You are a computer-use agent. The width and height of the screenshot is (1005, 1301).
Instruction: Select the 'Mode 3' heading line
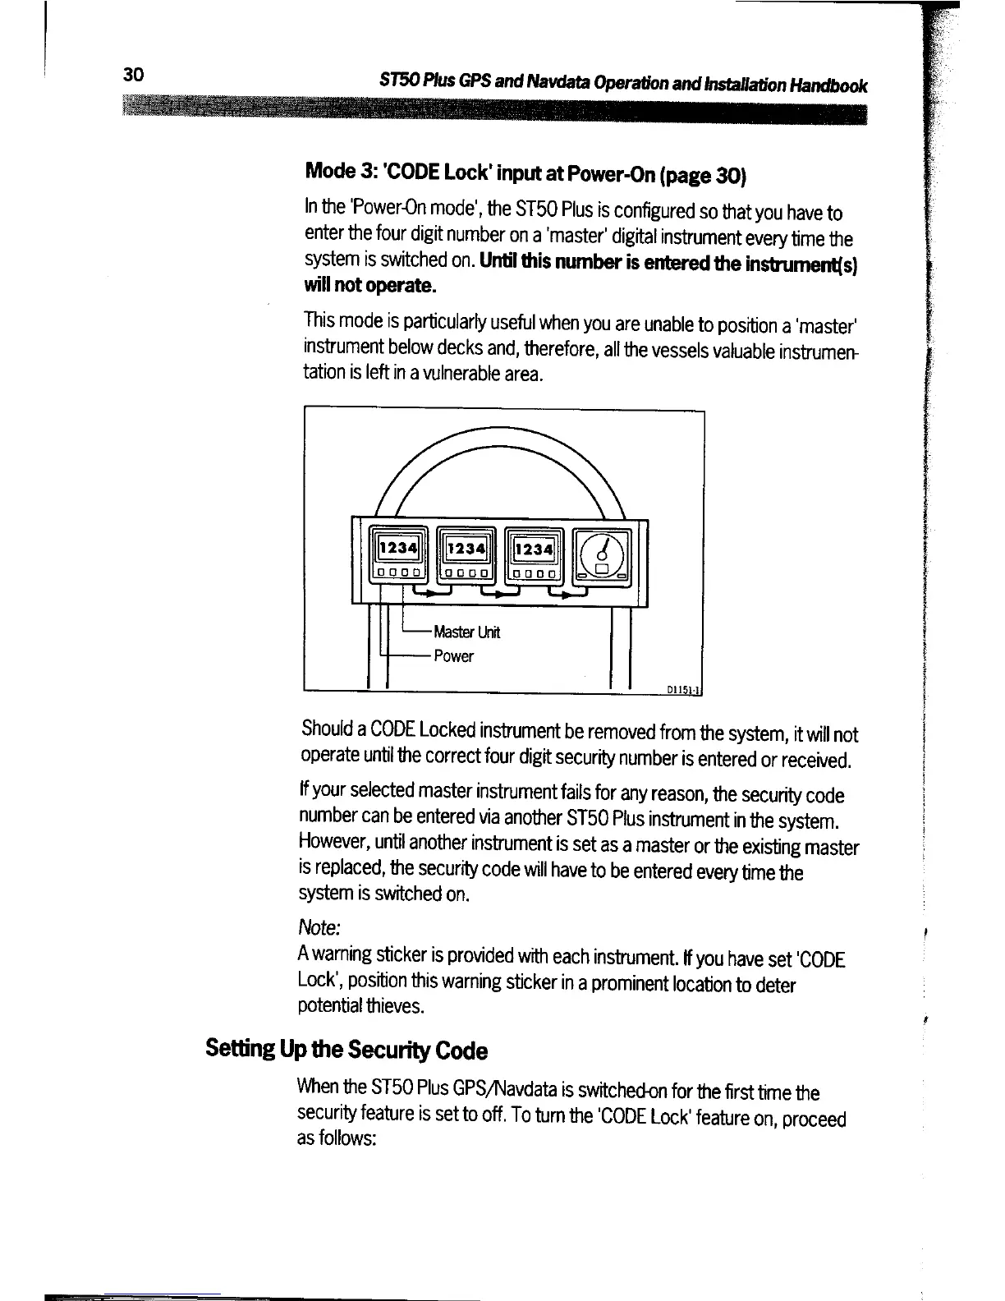(x=525, y=175)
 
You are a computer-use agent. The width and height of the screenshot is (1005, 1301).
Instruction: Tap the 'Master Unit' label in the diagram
(x=466, y=632)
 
